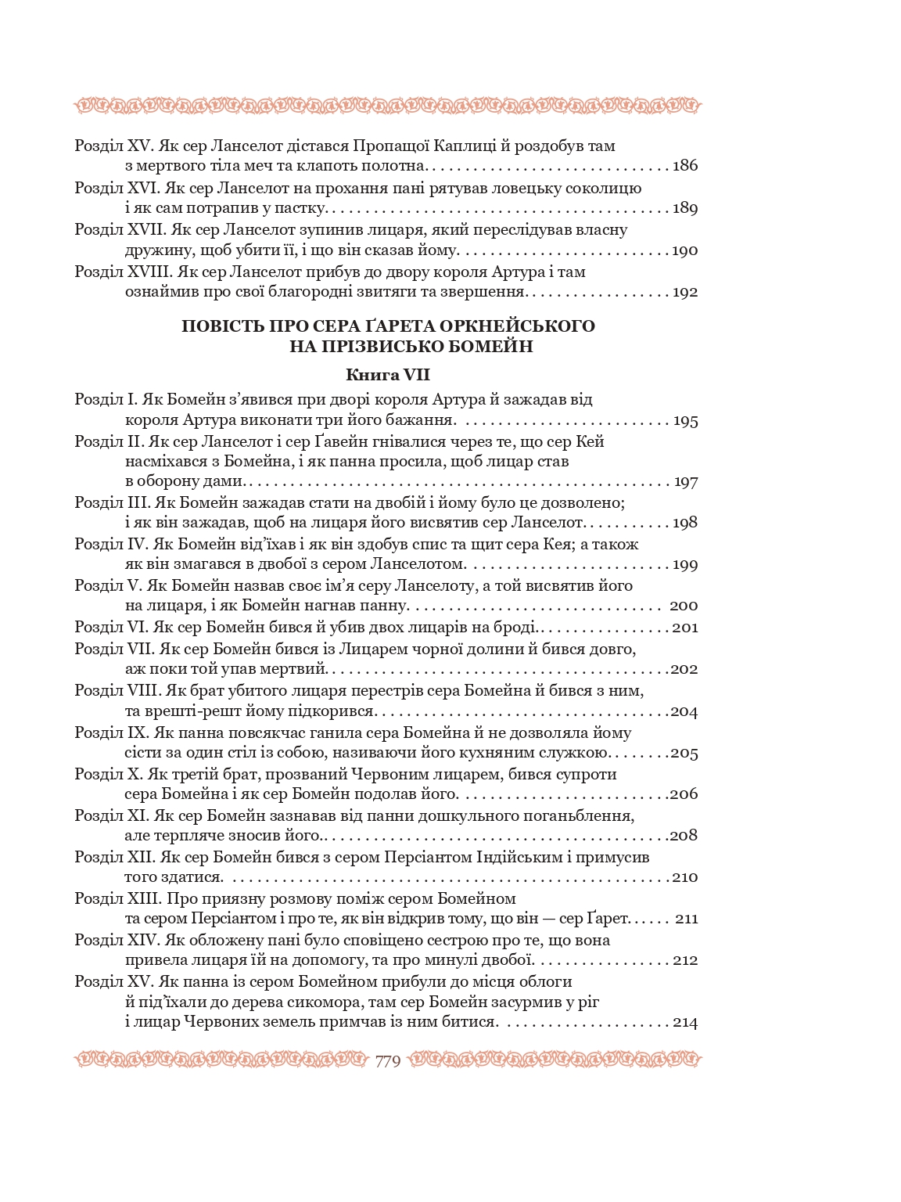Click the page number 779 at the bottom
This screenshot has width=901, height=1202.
tap(388, 1061)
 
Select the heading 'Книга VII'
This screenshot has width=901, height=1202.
tap(388, 375)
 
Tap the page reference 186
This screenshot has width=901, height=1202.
tap(685, 166)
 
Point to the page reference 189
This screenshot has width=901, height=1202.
tap(685, 208)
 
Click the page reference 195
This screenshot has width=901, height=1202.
tap(685, 421)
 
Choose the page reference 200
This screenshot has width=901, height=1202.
tap(684, 606)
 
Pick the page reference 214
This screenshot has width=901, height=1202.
tap(685, 1023)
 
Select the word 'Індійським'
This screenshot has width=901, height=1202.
tap(520, 857)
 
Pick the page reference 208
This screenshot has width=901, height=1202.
tap(684, 836)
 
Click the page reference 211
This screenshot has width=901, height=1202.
tap(686, 919)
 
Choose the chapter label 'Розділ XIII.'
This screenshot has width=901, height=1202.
tap(118, 898)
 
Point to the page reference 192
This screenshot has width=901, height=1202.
tap(685, 293)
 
